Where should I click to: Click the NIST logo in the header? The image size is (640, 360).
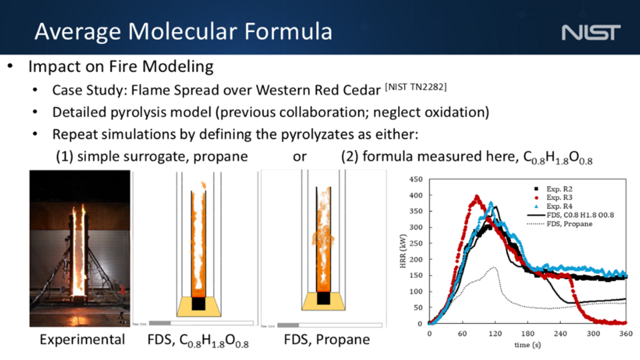[591, 32]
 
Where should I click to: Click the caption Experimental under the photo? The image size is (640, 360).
[82, 340]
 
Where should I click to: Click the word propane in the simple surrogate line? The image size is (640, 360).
[221, 158]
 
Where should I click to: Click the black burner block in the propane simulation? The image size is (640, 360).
[321, 297]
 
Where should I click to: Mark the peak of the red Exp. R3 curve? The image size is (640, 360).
[477, 197]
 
